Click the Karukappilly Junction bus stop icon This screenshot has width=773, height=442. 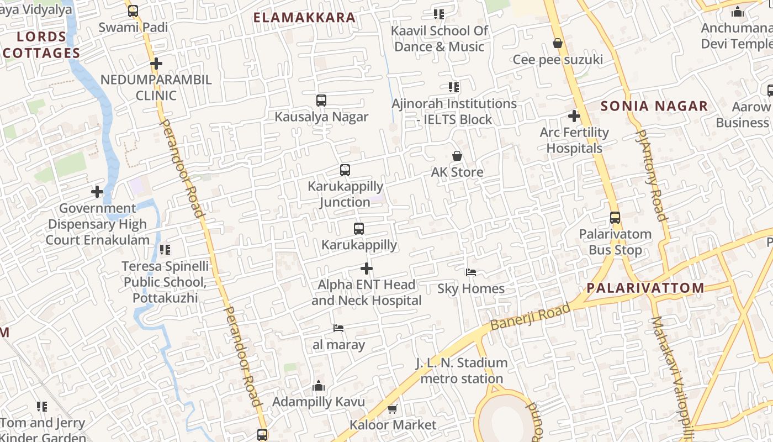pos(345,170)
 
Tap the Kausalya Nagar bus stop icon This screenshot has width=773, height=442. pos(321,101)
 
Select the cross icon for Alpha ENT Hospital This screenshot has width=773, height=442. pos(366,269)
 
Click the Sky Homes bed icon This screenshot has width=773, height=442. pos(471,272)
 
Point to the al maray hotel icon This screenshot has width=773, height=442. pos(338,328)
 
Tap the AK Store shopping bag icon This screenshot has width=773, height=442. pos(457,156)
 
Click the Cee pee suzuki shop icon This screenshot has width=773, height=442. pos(558,43)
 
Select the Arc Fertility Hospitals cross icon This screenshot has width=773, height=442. pos(574,116)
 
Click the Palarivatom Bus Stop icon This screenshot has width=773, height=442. pos(615,218)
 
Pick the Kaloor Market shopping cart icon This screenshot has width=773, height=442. pos(393,409)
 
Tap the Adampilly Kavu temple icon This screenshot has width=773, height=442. pos(319,386)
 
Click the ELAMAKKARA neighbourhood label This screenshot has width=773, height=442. pos(304,18)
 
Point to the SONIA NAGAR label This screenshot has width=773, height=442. pos(654,106)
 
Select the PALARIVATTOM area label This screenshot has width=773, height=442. pos(645,288)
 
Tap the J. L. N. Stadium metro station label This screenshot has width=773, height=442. pos(462,371)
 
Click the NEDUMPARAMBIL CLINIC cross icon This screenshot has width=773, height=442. pos(156,64)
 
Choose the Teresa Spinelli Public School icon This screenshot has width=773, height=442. pos(165,250)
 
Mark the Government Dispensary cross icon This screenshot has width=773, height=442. pos(97,192)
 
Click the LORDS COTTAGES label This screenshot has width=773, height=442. pos(41,45)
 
